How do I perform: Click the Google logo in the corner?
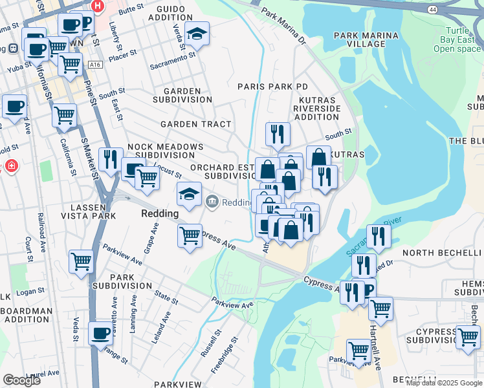click(21, 380)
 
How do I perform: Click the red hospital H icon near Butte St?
click(98, 6)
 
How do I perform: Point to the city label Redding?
click(159, 213)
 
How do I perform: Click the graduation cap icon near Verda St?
click(197, 32)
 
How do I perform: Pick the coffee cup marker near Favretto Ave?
click(100, 333)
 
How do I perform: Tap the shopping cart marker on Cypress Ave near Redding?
click(189, 235)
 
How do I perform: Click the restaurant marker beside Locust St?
click(111, 158)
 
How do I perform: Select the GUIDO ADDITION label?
click(170, 13)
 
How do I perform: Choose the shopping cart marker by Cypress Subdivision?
click(467, 336)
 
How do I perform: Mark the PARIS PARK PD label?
click(272, 86)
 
